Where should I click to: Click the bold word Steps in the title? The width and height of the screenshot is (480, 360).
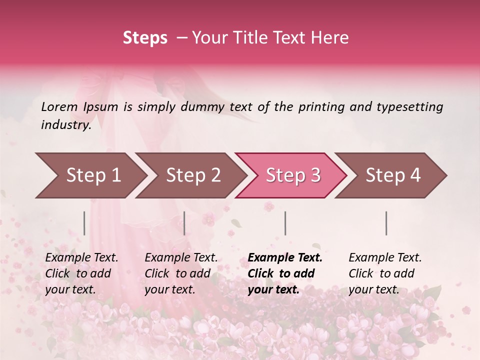click(145, 38)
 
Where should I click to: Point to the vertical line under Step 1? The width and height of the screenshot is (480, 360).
click(84, 223)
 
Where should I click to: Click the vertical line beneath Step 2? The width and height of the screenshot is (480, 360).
click(184, 223)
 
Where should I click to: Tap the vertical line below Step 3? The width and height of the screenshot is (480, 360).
click(285, 223)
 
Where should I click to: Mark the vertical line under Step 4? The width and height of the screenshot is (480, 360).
click(386, 223)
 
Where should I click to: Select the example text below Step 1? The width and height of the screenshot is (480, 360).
click(81, 273)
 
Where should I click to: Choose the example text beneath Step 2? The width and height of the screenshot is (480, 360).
click(181, 273)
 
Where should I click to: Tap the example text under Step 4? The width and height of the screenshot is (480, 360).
click(385, 273)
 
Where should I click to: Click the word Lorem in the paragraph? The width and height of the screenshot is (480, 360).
click(59, 107)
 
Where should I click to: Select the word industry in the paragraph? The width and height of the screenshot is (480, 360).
click(65, 125)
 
